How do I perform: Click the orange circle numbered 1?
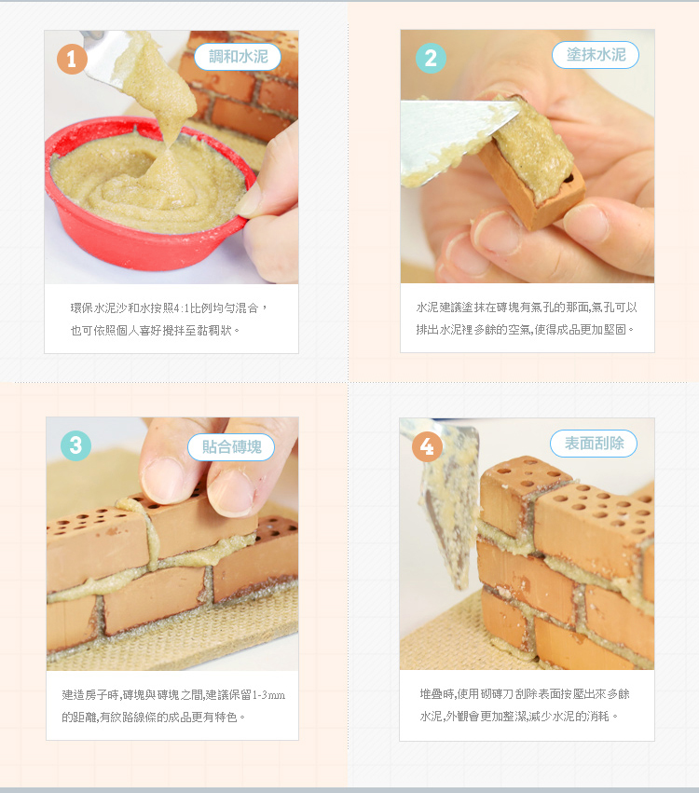tap(72, 59)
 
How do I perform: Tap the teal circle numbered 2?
tap(431, 58)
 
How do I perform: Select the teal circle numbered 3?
tap(75, 445)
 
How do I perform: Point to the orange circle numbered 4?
tap(428, 446)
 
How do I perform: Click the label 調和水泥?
tap(238, 57)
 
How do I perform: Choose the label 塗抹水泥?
tap(596, 55)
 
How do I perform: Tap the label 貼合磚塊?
tap(231, 447)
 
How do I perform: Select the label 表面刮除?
tap(594, 444)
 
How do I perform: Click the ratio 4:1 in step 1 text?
tap(181, 308)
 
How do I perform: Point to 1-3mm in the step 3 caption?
tap(268, 695)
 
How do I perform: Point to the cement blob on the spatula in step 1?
tap(157, 86)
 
